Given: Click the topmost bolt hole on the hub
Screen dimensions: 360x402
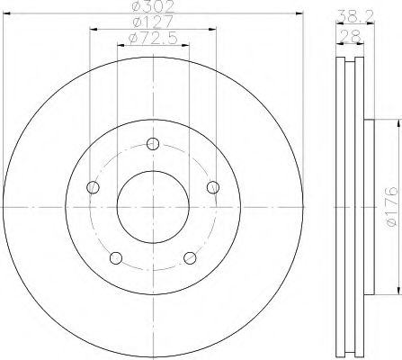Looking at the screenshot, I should coord(152,144).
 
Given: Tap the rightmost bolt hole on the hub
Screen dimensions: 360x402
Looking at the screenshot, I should coord(212,187).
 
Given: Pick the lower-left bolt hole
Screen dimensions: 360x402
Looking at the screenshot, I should coord(115,258).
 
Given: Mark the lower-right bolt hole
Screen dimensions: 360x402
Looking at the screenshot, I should coord(189,258).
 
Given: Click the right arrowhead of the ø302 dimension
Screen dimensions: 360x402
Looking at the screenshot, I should coord(293,15).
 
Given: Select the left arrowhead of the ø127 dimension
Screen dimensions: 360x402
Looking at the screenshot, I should coord(94,30).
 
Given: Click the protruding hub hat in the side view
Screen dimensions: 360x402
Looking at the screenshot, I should coord(368,205).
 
